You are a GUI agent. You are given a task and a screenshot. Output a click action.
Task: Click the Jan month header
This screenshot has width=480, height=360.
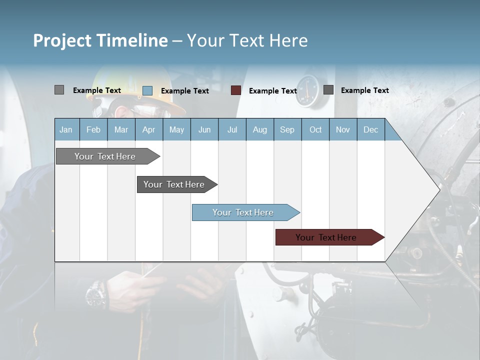(x=66, y=129)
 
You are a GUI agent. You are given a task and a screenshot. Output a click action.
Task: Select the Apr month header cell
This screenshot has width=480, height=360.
(x=149, y=129)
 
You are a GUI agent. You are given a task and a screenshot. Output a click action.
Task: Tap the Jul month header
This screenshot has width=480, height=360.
(x=232, y=129)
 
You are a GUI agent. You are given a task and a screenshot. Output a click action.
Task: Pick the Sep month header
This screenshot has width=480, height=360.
(x=287, y=129)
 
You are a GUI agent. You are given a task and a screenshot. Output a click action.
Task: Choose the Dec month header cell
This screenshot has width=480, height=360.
(x=370, y=129)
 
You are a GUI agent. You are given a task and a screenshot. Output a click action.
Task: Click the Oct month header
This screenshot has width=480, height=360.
(x=315, y=129)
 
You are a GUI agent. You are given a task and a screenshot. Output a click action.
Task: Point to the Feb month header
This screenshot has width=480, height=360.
(x=93, y=129)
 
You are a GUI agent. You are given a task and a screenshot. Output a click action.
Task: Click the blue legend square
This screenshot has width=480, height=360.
(x=147, y=90)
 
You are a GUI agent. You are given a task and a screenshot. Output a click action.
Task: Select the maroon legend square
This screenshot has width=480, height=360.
(x=236, y=90)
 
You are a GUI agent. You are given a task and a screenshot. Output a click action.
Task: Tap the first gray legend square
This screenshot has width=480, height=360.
(x=59, y=90)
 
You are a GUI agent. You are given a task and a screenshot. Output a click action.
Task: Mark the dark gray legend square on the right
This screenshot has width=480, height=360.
(x=328, y=90)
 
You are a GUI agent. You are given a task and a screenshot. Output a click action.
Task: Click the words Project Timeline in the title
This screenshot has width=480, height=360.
(x=100, y=40)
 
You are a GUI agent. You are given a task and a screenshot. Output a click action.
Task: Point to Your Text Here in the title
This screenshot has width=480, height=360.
(x=247, y=40)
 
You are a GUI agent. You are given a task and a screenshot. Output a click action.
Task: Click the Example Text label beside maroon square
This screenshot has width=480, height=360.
(x=273, y=91)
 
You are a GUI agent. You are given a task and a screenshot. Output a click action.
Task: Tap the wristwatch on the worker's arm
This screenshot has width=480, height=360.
(x=95, y=294)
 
